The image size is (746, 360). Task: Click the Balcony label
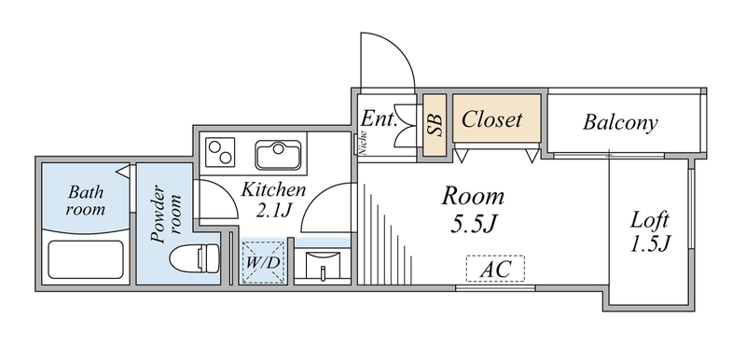(621, 122)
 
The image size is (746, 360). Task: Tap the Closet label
(492, 120)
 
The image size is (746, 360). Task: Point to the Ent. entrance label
(379, 119)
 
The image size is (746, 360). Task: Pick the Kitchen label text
(272, 189)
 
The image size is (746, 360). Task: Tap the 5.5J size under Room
(473, 224)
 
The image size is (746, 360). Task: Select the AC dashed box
(495, 270)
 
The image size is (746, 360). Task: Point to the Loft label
(651, 221)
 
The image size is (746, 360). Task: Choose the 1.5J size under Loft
(651, 245)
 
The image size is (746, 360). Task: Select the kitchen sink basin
(278, 154)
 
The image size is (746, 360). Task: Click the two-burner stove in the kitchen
(223, 150)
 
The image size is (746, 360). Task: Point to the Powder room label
(165, 215)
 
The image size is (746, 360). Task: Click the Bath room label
(85, 201)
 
